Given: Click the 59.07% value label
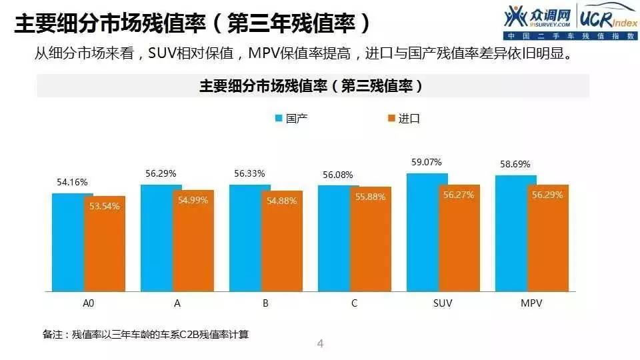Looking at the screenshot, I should pos(427,162).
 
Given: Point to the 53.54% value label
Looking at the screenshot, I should pos(104,206).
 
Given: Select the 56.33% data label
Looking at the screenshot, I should pos(249,173).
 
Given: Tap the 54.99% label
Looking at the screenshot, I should pos(193,201).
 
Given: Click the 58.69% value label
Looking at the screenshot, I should pos(515,164).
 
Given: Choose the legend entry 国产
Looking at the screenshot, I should pos(291,119).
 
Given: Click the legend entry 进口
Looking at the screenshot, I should pos(404,119).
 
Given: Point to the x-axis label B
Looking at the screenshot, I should pos(265,303).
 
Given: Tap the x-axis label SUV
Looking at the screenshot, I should pos(443,303).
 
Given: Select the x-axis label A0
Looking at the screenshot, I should pos(88,303).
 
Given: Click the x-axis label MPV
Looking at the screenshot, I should pos(531,303).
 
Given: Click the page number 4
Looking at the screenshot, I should pos(320,344).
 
